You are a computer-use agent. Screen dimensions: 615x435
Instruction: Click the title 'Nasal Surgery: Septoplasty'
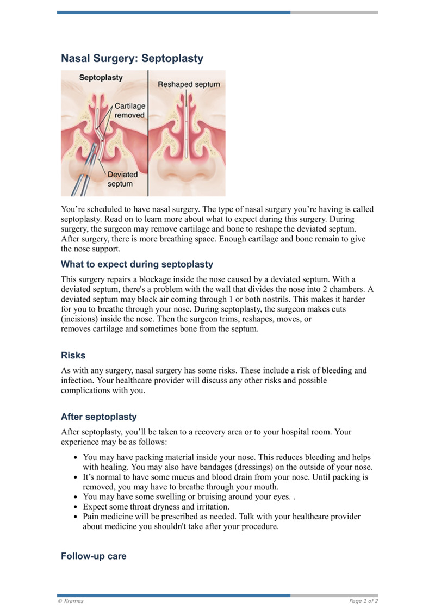[132, 58]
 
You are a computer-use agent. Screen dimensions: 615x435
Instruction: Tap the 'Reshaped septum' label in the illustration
[189, 84]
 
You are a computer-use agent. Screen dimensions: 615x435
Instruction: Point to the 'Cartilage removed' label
[129, 110]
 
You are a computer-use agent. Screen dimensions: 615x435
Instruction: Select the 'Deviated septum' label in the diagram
[122, 179]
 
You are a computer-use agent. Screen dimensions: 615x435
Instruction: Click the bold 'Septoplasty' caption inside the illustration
[101, 78]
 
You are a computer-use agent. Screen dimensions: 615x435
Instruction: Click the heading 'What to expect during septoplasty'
[136, 265]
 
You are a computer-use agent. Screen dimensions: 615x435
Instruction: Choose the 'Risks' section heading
[73, 355]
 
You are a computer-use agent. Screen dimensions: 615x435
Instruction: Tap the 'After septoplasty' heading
[98, 417]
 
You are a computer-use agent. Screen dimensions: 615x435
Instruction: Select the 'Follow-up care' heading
[94, 556]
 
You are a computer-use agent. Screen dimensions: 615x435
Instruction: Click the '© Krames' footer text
[71, 601]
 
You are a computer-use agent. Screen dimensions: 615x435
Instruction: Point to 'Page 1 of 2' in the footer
[363, 601]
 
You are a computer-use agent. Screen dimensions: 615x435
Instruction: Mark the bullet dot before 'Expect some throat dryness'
[76, 507]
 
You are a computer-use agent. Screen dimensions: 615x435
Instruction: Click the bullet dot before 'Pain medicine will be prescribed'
[76, 517]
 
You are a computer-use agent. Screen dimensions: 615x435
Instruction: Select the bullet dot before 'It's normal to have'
[76, 477]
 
